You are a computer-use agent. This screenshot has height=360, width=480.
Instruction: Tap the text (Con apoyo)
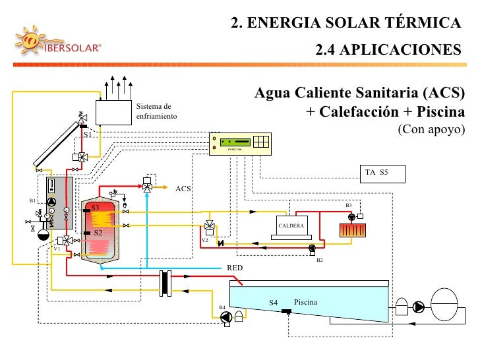tap(431, 129)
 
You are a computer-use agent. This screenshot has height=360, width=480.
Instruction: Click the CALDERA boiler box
tap(291, 226)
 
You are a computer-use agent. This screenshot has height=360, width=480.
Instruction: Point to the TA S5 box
tap(381, 173)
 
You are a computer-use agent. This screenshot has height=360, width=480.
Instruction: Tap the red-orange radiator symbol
tap(355, 231)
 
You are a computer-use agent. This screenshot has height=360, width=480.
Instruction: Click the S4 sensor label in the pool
tap(274, 303)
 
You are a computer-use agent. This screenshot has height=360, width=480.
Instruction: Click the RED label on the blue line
tap(235, 268)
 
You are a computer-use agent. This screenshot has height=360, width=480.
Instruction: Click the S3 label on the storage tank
tap(95, 208)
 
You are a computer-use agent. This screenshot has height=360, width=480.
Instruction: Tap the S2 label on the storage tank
tap(96, 233)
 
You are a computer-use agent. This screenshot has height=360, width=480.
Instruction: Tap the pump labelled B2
tap(312, 249)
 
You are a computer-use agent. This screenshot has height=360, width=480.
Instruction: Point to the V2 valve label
tap(205, 240)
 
